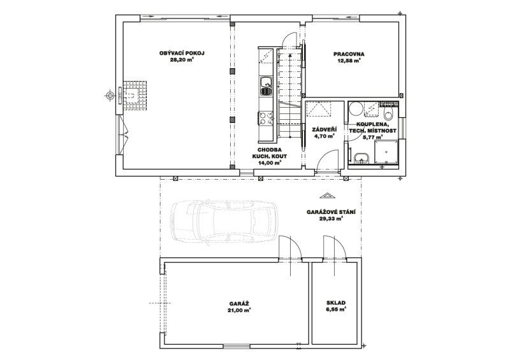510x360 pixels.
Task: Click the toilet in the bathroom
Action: [388, 113]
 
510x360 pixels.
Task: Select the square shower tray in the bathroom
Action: [386, 152]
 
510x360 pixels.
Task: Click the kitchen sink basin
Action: [266, 86]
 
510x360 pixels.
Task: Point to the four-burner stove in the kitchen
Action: [265, 118]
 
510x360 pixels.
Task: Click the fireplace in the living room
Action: [133, 96]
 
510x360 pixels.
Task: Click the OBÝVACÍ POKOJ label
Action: [182, 54]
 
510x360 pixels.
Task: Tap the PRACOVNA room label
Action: [349, 54]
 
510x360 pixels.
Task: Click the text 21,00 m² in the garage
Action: [239, 310]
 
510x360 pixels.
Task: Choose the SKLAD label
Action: [336, 303]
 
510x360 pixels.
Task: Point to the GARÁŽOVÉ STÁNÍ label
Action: [331, 212]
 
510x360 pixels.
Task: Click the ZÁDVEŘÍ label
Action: [324, 129]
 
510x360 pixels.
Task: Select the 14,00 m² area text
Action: [270, 163]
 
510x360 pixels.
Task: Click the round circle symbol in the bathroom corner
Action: [356, 108]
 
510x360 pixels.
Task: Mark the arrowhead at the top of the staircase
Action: [289, 55]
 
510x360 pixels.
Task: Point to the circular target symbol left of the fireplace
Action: [110, 96]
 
